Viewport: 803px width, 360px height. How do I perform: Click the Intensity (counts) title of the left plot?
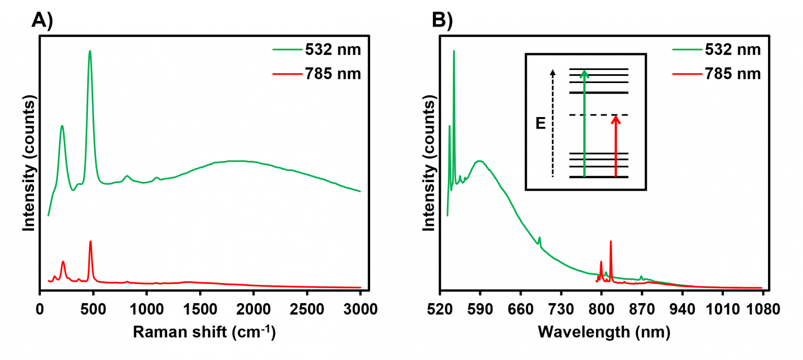(29, 164)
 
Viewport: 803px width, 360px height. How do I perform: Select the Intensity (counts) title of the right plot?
(430, 164)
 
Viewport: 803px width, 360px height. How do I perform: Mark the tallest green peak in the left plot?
(90, 52)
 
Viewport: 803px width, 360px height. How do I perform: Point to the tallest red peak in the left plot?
(90, 242)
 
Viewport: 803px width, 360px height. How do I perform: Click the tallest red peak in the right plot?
(611, 242)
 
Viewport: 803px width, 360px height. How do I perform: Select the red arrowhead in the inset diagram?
(616, 119)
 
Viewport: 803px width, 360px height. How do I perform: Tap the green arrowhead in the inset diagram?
(584, 73)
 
